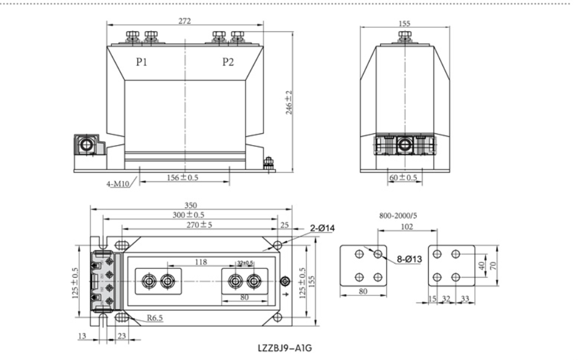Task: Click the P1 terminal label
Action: [x=142, y=62]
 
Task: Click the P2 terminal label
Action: [x=228, y=62]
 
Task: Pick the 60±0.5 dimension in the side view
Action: [x=403, y=178]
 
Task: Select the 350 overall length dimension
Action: [x=191, y=205]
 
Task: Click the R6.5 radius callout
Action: [x=155, y=318]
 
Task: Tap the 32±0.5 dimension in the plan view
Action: [x=244, y=262]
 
